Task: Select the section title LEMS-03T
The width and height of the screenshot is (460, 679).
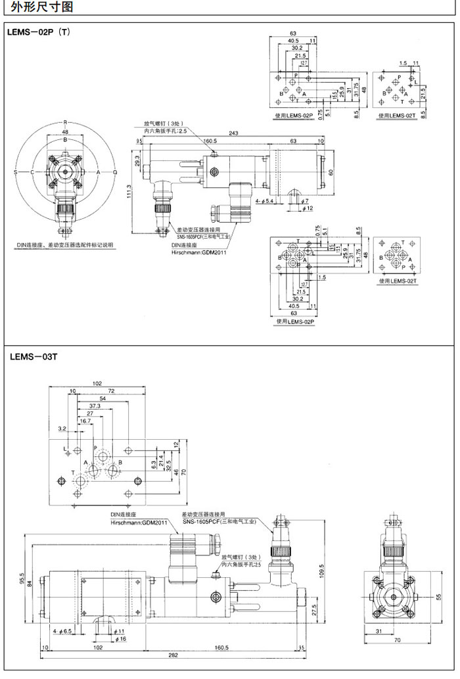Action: point(34,357)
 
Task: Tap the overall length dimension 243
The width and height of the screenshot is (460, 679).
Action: point(234,133)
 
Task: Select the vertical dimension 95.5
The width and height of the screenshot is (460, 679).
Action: point(22,578)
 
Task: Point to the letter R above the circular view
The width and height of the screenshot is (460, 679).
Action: point(65,122)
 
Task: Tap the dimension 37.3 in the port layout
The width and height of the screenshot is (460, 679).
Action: point(95,406)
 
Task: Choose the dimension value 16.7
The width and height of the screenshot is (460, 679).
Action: point(85,421)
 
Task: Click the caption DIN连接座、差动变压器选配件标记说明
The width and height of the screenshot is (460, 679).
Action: point(65,245)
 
